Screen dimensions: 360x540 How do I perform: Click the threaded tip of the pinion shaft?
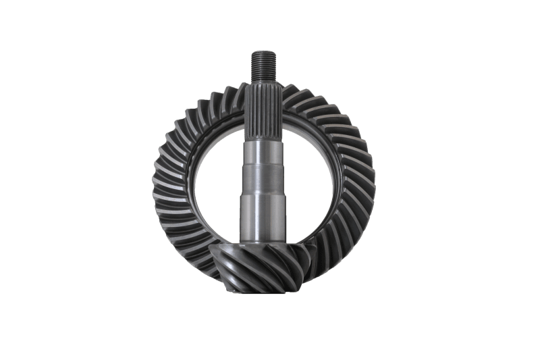coord(264,65)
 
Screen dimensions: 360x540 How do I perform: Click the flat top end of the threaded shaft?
coord(264,52)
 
